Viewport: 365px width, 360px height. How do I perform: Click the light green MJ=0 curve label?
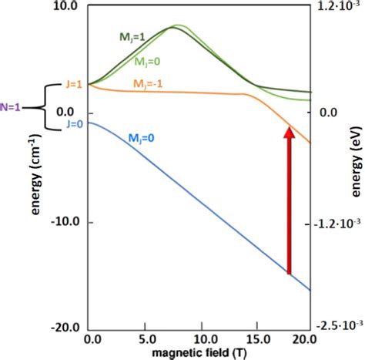148,62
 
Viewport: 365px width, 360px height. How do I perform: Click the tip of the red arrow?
290,130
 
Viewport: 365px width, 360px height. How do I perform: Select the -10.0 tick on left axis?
62,222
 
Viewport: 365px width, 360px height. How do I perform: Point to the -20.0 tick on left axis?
62,327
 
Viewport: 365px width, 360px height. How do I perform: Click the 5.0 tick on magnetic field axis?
146,338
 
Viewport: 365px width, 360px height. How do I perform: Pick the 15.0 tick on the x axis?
256,338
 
